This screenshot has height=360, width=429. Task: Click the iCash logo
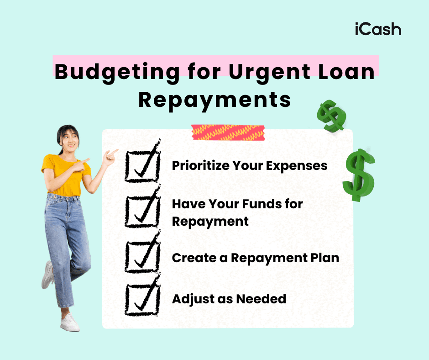[x=377, y=29]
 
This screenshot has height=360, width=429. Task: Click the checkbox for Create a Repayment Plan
[x=142, y=257]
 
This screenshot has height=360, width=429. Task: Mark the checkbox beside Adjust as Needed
[x=142, y=299]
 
